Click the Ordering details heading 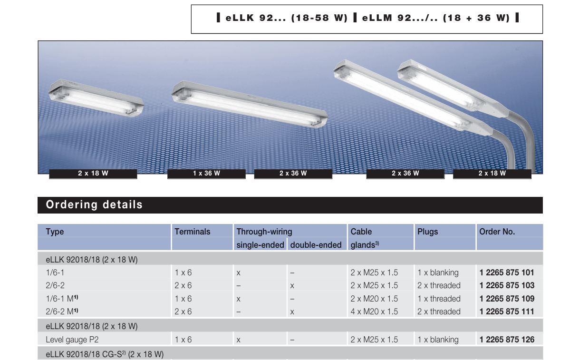coord(94,204)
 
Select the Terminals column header coord(193,232)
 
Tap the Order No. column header coord(497,232)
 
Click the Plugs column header coord(427,232)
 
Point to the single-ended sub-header coord(260,244)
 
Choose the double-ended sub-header coord(316,244)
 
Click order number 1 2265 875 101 coord(507,272)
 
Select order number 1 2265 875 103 coord(507,285)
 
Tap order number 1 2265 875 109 coord(507,299)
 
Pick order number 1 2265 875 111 coord(507,311)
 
